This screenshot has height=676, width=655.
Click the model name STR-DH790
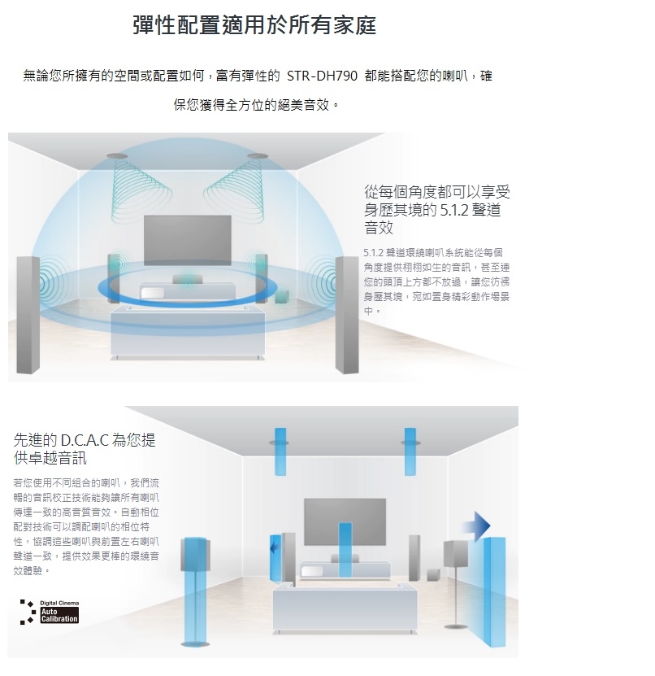coord(322,76)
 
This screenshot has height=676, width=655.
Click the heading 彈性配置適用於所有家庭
coord(254,24)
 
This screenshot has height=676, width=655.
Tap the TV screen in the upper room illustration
coord(188,240)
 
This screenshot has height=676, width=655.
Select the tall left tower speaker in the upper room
coord(28,315)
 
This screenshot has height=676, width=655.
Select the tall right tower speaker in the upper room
coord(347,315)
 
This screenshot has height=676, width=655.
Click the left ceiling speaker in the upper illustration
coord(117,155)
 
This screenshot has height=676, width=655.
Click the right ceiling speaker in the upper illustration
coord(258,155)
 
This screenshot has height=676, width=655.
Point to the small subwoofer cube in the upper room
coord(282,297)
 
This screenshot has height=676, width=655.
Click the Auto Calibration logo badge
coord(50,613)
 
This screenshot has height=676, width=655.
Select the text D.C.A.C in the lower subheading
coord(85,440)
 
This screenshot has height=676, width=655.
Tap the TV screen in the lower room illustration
coord(345,521)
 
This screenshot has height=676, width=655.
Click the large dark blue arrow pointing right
coord(477,526)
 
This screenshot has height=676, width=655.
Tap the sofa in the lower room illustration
coord(345,608)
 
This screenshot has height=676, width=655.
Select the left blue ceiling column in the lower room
coord(280,451)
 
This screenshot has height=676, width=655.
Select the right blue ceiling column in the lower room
coord(410,451)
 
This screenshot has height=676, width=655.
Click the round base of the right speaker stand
coord(456,626)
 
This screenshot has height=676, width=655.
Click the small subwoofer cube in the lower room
coord(433,575)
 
